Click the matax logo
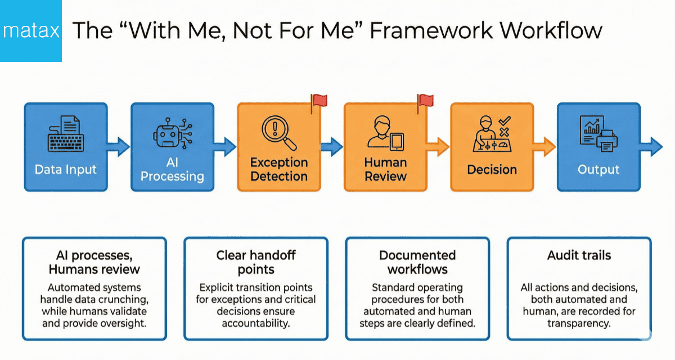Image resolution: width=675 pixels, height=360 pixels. click(x=30, y=30)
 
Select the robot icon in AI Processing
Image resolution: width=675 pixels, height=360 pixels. click(x=172, y=133)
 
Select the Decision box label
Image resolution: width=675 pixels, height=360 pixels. click(x=492, y=169)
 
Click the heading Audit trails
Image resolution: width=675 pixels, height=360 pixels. click(x=579, y=255)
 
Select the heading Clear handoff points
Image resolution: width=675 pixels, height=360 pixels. click(x=255, y=262)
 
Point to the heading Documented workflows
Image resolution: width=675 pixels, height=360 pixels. click(x=417, y=262)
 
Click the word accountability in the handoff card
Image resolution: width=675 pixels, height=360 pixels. click(x=255, y=323)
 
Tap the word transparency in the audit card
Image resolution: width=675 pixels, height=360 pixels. click(x=579, y=323)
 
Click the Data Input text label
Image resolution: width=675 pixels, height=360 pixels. click(x=65, y=169)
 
